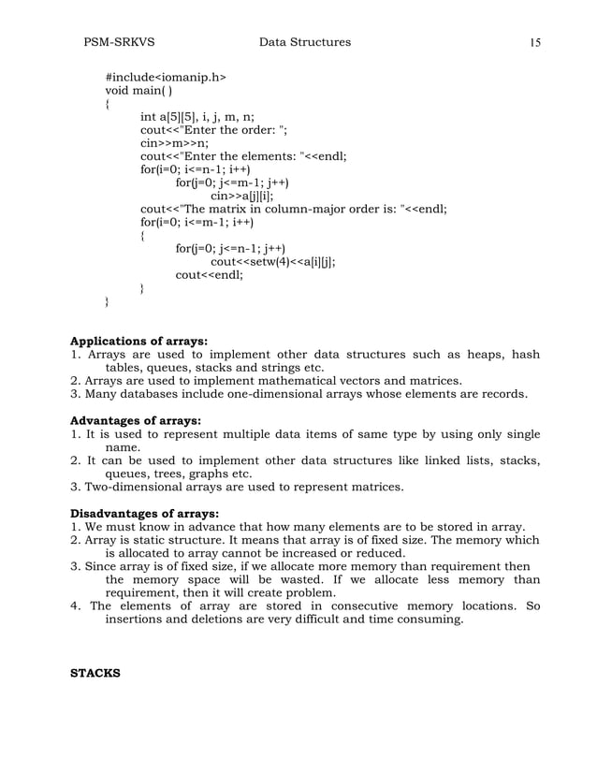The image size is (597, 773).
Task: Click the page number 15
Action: coord(535,42)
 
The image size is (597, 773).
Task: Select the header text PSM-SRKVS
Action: coord(119,42)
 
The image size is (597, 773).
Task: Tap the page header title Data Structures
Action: coord(305,42)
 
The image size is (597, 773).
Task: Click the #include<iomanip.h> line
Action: coord(166,76)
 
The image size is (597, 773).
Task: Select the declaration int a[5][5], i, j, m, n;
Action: coord(201,117)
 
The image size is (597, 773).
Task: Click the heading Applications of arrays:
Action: coord(139,340)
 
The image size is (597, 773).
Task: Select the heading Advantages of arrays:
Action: coord(137,419)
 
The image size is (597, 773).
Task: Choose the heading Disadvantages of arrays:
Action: coord(145,513)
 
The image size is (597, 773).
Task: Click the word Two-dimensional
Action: coord(138,486)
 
